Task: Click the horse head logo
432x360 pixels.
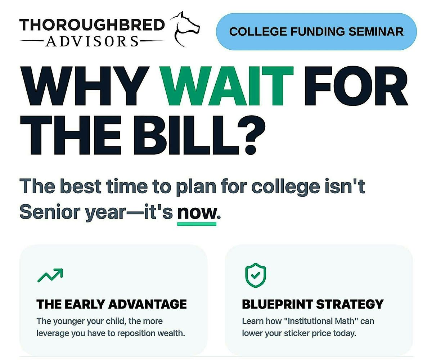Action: pyautogui.click(x=185, y=29)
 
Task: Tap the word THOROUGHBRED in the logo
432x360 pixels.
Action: pyautogui.click(x=92, y=24)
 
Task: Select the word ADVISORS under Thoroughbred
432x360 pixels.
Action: pyautogui.click(x=92, y=41)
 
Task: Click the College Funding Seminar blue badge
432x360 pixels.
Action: pyautogui.click(x=316, y=31)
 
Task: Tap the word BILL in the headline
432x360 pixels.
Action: pyautogui.click(x=186, y=135)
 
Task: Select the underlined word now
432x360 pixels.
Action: pyautogui.click(x=197, y=212)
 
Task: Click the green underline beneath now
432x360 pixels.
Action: pyautogui.click(x=197, y=224)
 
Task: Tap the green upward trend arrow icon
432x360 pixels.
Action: pyautogui.click(x=50, y=275)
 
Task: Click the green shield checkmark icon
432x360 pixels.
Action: pyautogui.click(x=256, y=275)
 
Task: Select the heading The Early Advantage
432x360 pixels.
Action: pyautogui.click(x=112, y=304)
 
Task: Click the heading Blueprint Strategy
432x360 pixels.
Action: pyautogui.click(x=313, y=304)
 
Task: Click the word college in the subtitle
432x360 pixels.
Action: pyautogui.click(x=285, y=187)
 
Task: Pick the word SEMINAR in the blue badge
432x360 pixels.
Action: pyautogui.click(x=376, y=32)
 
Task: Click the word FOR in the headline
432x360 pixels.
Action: pyautogui.click(x=356, y=86)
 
